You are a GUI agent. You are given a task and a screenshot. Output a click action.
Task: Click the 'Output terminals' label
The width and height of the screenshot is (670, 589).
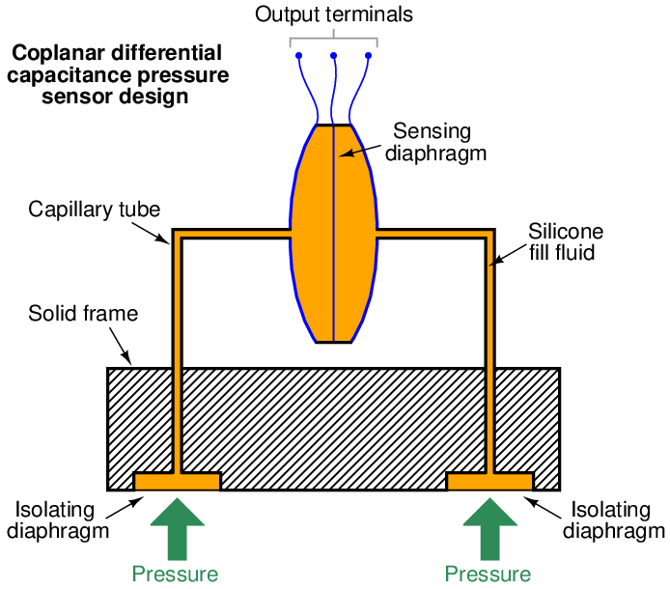[x=333, y=14]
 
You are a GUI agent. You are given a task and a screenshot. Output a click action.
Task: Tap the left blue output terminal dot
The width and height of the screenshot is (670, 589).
[x=298, y=55]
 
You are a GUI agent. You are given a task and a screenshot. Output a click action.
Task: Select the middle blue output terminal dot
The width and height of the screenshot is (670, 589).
[x=333, y=55]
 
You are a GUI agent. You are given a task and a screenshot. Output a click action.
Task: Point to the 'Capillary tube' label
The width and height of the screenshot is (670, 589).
[x=94, y=210]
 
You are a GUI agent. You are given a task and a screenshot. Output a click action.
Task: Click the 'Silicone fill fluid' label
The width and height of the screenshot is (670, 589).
[x=565, y=242]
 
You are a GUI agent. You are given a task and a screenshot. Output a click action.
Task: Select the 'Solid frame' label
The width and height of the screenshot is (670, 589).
[x=83, y=314]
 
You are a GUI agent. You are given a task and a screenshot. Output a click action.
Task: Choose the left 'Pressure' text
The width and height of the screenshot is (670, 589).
[x=176, y=575]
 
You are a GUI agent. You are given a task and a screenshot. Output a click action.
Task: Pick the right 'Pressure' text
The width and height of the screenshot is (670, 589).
[x=488, y=575]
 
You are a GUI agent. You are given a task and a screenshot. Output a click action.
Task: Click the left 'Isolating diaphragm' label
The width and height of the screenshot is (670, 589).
[x=62, y=519]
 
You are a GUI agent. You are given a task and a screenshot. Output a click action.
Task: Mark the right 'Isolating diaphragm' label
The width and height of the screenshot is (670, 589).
[x=612, y=519]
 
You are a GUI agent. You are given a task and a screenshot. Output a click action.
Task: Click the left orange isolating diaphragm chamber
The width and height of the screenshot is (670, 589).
[x=177, y=481]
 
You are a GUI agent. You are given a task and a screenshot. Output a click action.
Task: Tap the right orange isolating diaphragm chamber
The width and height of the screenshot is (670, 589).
[x=489, y=481]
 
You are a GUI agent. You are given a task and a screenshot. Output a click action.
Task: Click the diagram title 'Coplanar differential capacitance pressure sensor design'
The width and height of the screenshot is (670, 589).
[x=116, y=74]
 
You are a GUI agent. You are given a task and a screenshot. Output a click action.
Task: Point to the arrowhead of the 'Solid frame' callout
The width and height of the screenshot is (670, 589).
[x=130, y=363]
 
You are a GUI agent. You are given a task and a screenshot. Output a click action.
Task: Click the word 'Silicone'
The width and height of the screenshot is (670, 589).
[x=566, y=232]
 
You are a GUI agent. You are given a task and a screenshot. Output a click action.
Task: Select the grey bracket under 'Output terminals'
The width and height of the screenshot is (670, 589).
[x=333, y=40]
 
